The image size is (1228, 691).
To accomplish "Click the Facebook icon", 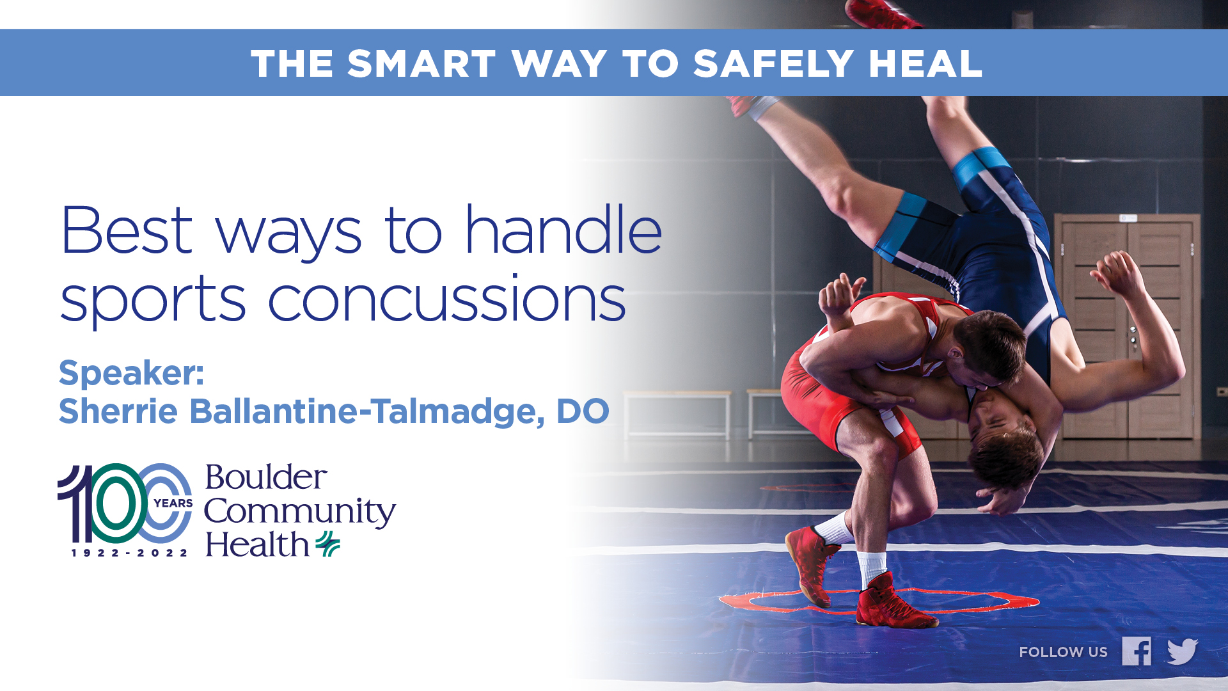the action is [1137, 651].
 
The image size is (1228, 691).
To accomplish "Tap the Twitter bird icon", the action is [1182, 651].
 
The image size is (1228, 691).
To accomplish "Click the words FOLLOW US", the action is [1063, 652].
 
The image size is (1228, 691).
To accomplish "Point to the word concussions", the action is [446, 299].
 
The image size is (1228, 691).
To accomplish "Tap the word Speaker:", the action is [131, 373].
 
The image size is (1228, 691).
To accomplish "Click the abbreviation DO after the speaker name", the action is [583, 411].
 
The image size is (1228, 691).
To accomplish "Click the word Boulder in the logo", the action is [266, 477].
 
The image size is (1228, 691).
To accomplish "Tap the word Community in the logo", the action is [300, 513].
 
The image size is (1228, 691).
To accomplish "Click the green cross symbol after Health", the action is [327, 544].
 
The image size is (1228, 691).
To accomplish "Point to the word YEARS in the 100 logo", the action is [173, 504].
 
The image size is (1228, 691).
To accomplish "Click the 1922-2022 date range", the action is [129, 553].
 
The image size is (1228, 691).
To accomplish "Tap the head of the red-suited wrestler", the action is [988, 349].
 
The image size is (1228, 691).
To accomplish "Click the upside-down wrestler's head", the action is [1004, 448].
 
